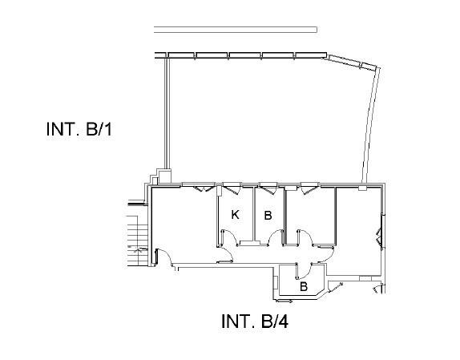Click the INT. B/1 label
click(x=79, y=129)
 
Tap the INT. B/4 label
click(x=255, y=322)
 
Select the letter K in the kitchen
click(x=235, y=215)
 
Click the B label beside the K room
click(x=268, y=216)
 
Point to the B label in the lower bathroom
click(x=304, y=286)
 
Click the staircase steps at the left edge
click(x=137, y=241)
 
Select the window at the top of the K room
click(x=232, y=188)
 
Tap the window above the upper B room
click(x=268, y=188)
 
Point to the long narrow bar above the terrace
click(x=236, y=30)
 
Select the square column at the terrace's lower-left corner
click(x=164, y=176)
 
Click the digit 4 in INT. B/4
click(x=284, y=322)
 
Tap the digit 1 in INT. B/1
click(x=108, y=129)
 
